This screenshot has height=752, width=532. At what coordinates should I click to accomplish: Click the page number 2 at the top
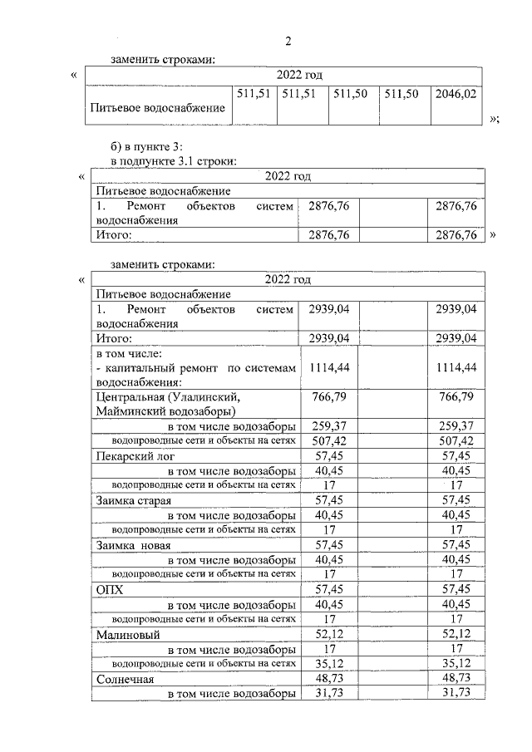(x=288, y=42)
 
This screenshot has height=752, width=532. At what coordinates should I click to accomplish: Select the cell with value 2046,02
(x=456, y=95)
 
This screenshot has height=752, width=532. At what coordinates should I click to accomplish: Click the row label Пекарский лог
(x=135, y=455)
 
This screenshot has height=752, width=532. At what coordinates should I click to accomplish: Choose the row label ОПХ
(x=110, y=590)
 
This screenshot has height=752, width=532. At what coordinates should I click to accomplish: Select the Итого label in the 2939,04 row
(x=115, y=338)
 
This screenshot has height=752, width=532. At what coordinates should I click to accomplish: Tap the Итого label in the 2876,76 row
(x=115, y=235)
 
